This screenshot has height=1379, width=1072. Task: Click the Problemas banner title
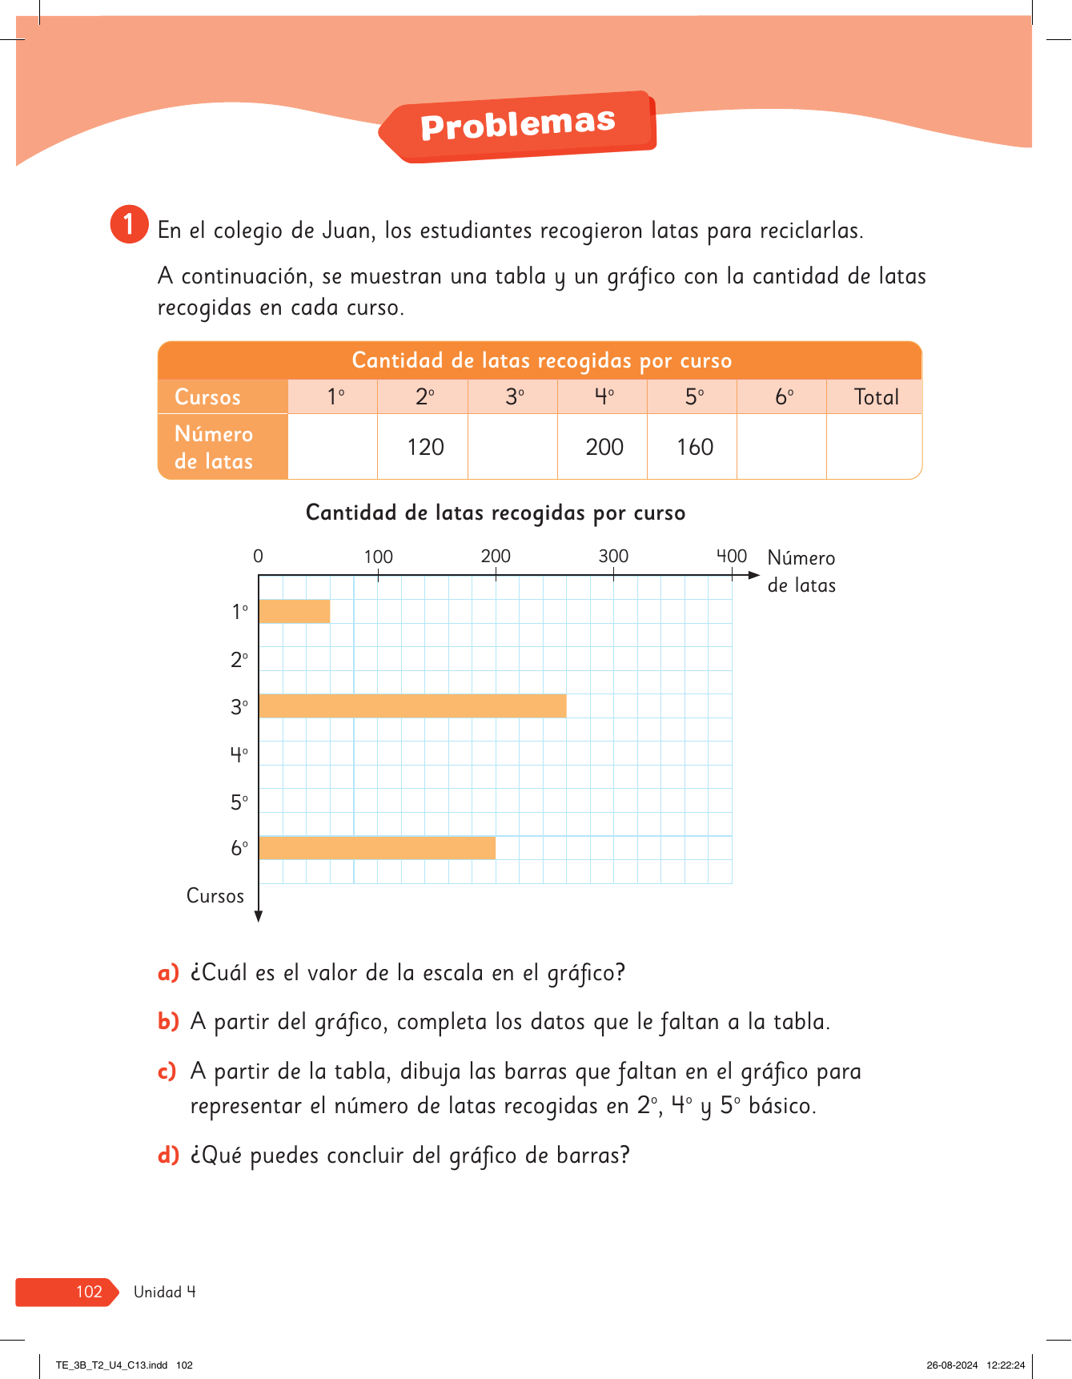pyautogui.click(x=518, y=125)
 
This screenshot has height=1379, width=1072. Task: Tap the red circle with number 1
pyautogui.click(x=129, y=224)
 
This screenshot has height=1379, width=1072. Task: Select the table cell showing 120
pyautogui.click(x=425, y=447)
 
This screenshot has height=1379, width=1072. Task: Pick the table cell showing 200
pyautogui.click(x=604, y=447)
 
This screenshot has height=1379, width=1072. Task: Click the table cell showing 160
pyautogui.click(x=694, y=447)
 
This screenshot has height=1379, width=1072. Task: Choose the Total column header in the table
pyautogui.click(x=876, y=397)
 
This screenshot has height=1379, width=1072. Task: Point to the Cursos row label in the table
pyautogui.click(x=208, y=397)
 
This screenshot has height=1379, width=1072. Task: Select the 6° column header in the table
pyautogui.click(x=784, y=397)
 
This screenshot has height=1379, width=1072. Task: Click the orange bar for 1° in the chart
pyautogui.click(x=295, y=611)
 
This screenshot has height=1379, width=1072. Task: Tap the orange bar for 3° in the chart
pyautogui.click(x=412, y=706)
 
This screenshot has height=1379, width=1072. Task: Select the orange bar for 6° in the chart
pyautogui.click(x=377, y=848)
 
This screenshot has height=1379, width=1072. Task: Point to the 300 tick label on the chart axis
pyautogui.click(x=613, y=557)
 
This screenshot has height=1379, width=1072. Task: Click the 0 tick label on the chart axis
pyautogui.click(x=258, y=557)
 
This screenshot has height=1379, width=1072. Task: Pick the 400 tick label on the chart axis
pyautogui.click(x=731, y=557)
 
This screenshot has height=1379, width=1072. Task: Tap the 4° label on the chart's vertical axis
pyautogui.click(x=239, y=754)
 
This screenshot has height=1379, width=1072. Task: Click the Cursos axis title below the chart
pyautogui.click(x=215, y=896)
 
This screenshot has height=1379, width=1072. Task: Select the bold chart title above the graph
pyautogui.click(x=496, y=513)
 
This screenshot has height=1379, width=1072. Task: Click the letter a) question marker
pyautogui.click(x=168, y=974)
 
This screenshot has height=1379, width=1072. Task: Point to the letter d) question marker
pyautogui.click(x=168, y=1156)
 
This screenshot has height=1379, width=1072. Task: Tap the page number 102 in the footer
pyautogui.click(x=89, y=1292)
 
